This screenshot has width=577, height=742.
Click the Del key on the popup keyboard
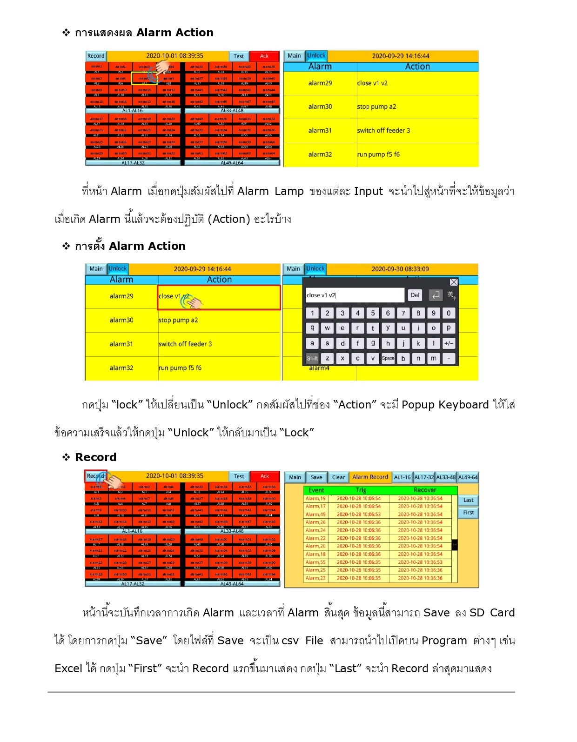point(415,295)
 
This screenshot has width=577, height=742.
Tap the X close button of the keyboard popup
point(454,282)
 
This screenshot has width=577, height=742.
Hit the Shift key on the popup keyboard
point(312,358)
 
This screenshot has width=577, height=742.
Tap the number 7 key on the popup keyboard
point(403,313)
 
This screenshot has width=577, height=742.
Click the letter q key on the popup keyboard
point(312,328)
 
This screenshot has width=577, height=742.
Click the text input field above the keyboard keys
point(355,295)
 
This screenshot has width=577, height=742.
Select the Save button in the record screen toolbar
point(316,477)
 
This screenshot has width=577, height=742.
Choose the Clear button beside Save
point(338,477)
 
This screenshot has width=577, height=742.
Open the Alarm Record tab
point(370,477)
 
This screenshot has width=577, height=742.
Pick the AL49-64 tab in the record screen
point(468,477)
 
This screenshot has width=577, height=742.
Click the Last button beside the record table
point(468,501)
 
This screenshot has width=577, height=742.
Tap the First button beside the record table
point(468,513)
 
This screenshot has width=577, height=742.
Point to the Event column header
point(316,490)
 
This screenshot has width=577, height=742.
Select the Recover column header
point(425,490)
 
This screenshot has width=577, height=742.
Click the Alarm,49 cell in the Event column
point(315,515)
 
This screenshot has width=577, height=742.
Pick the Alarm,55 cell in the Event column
point(315,562)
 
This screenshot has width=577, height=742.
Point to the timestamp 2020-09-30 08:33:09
point(400,269)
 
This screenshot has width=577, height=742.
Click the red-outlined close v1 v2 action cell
point(219,297)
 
